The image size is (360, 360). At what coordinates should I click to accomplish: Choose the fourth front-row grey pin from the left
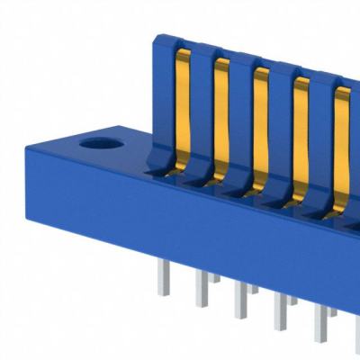(281, 310)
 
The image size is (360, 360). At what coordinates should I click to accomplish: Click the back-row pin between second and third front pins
(215, 278)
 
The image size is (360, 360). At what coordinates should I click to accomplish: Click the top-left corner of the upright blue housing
(158, 39)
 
